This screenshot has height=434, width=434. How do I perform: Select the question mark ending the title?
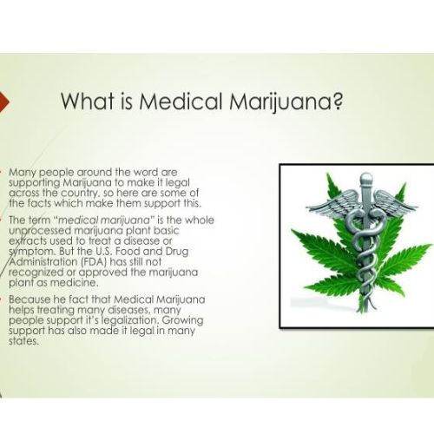[337, 101]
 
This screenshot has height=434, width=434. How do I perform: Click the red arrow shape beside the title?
[4, 102]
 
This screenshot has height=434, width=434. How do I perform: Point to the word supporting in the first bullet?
[35, 183]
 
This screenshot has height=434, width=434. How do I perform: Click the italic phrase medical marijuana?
[104, 220]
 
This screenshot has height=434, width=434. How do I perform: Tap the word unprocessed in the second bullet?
[40, 231]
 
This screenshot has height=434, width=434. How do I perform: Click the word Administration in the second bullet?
[43, 261]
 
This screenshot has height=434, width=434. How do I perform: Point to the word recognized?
[36, 273]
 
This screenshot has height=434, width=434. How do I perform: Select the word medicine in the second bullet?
[74, 283]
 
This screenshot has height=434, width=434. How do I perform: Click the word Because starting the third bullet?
[30, 299]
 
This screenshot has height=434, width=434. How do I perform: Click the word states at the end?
[23, 341]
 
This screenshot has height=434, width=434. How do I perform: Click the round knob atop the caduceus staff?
[366, 178]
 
